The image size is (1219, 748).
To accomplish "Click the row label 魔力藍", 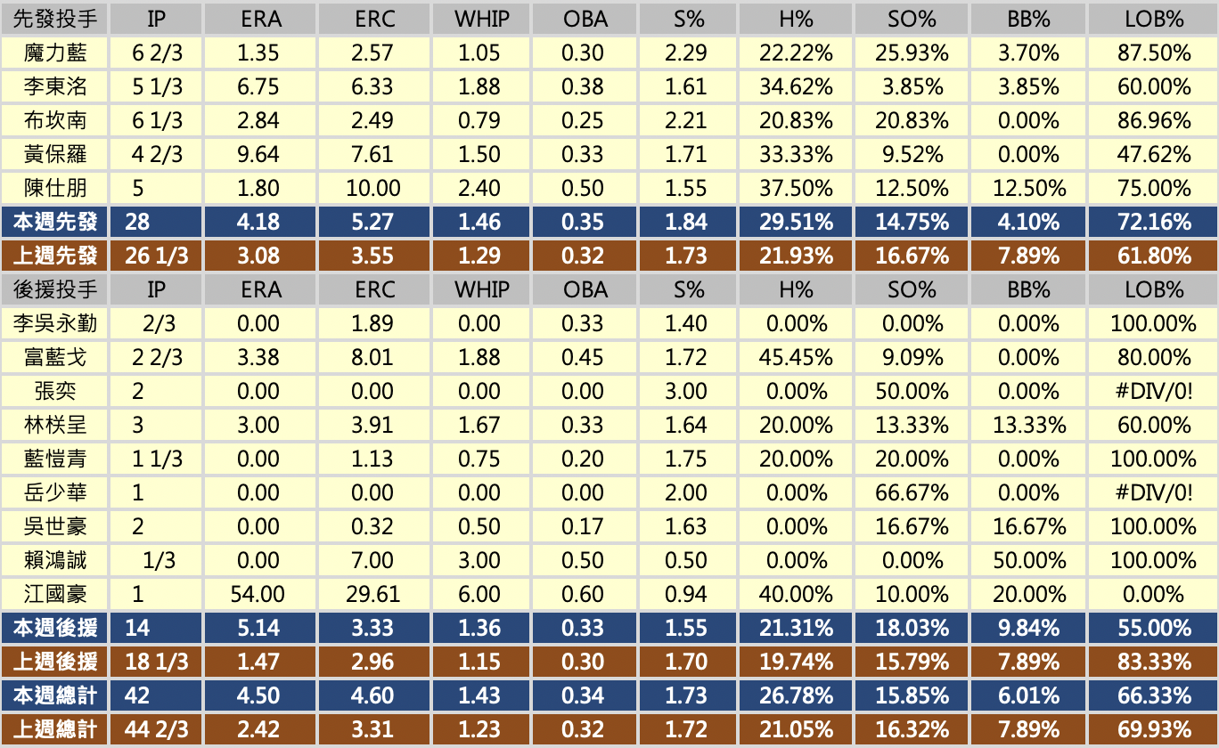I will [x=55, y=53].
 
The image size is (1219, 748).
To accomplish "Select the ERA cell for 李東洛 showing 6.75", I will [x=258, y=87].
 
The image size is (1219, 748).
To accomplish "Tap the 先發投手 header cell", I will [x=55, y=19].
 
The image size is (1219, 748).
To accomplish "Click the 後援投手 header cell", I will [x=55, y=289].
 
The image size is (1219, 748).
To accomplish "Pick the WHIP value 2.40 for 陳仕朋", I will [x=479, y=189].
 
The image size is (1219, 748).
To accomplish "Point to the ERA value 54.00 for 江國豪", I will [x=258, y=595].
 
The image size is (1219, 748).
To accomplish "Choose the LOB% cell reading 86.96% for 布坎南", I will [x=1154, y=121].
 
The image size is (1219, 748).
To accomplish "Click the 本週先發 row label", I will [x=55, y=223].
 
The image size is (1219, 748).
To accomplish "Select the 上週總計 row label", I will [x=55, y=730].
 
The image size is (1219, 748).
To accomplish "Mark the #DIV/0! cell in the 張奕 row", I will [x=1154, y=392].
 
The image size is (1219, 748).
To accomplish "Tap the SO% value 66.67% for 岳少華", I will [x=912, y=493].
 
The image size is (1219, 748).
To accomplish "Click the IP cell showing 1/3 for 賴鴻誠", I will [x=160, y=561].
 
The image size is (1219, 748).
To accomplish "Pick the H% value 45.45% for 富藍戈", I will [x=796, y=358].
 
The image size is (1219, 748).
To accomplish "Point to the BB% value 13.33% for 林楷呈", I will [x=1029, y=426].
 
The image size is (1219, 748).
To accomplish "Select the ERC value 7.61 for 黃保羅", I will [x=372, y=155].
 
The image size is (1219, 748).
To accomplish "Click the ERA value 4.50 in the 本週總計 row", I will [x=258, y=696].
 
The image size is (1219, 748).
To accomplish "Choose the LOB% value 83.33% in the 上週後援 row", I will [x=1154, y=663].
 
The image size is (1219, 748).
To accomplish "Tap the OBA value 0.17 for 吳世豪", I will [x=583, y=527].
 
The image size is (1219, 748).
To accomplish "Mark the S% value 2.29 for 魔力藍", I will [x=685, y=53].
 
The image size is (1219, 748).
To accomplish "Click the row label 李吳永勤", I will [x=55, y=324].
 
